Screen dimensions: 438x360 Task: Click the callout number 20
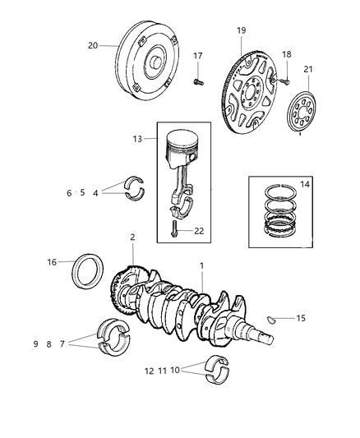coord(93,46)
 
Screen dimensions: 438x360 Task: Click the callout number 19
coord(241,30)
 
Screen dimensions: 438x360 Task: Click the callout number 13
coord(149,140)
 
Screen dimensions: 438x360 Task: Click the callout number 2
coord(132,237)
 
